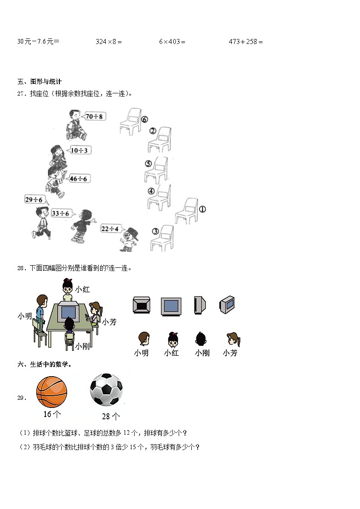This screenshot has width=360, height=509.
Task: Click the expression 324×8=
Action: [109, 42]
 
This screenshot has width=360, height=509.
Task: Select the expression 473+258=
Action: [246, 42]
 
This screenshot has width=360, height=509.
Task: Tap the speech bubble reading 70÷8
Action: [94, 116]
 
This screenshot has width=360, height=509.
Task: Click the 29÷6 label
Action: [34, 200]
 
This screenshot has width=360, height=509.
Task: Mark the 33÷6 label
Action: [60, 213]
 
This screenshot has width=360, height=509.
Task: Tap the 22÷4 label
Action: [110, 229]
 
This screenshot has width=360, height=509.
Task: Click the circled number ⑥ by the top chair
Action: [144, 120]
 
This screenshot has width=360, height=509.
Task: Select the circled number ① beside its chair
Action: [202, 209]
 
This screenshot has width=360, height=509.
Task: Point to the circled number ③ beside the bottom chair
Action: [156, 232]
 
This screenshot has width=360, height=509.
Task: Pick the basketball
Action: [51, 392]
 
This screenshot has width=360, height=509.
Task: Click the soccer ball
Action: [106, 390]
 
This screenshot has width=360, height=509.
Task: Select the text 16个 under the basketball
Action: [52, 414]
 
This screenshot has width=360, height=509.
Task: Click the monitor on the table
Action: [68, 312]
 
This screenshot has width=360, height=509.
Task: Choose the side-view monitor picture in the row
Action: [199, 305]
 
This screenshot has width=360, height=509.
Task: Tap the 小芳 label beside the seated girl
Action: [109, 322]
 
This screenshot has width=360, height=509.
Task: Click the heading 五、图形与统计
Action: [39, 82]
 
